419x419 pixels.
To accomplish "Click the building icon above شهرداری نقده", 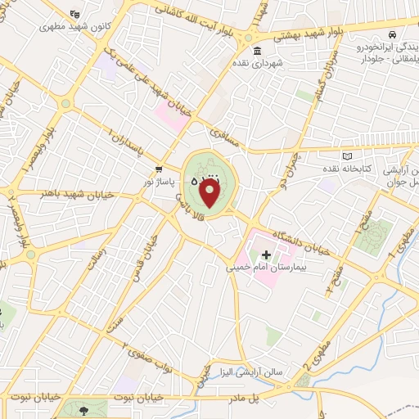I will click(x=258, y=52).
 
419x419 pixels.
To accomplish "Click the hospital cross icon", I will click(x=265, y=255).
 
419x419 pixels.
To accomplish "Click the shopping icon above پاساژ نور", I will click(x=158, y=170).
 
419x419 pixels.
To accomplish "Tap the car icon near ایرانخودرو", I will click(x=393, y=35).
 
